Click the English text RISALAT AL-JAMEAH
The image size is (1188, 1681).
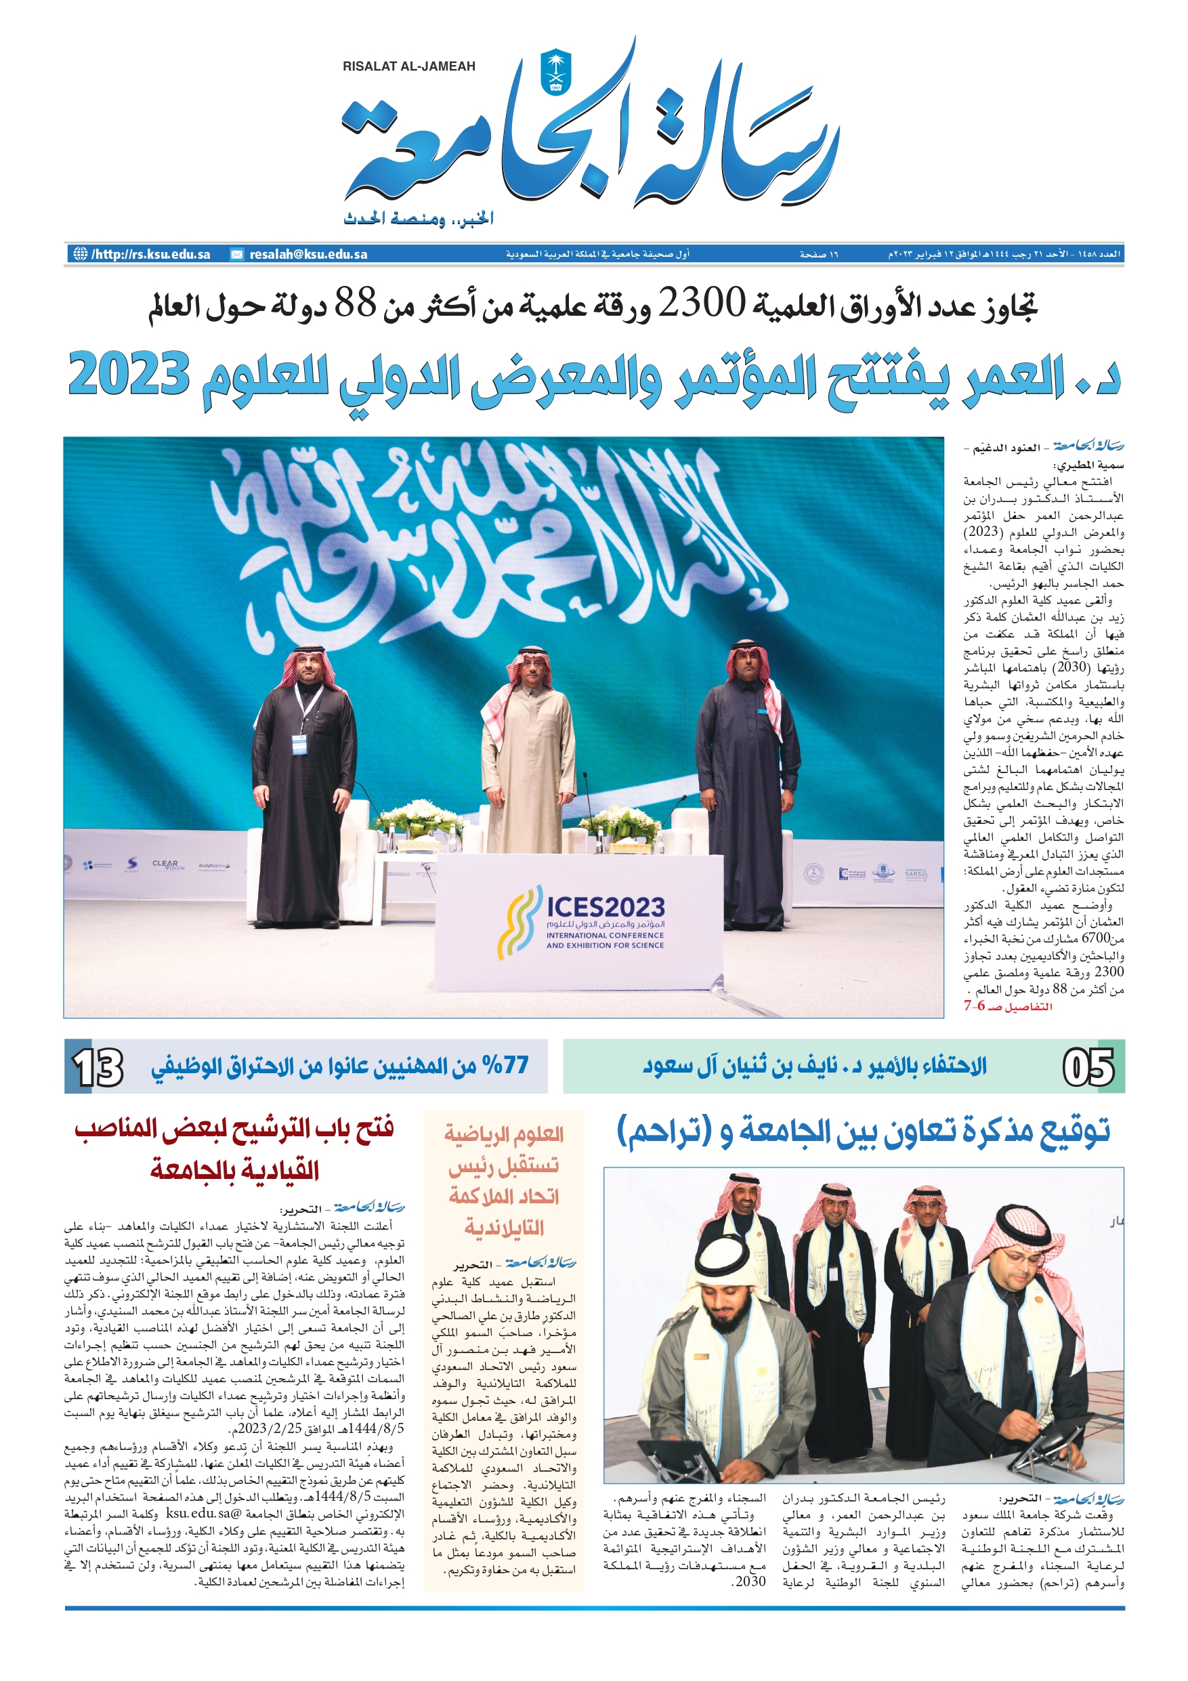[x=408, y=66]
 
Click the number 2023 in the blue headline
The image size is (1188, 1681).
[x=129, y=375]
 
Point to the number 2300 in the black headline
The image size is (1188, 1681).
[x=700, y=302]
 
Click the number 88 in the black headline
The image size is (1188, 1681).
[x=355, y=302]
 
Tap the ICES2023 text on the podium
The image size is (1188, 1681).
[x=606, y=908]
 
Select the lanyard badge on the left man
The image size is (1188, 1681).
[x=299, y=744]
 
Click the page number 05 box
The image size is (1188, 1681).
[x=1088, y=1066]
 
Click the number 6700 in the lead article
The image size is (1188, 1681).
[x=1097, y=938]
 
